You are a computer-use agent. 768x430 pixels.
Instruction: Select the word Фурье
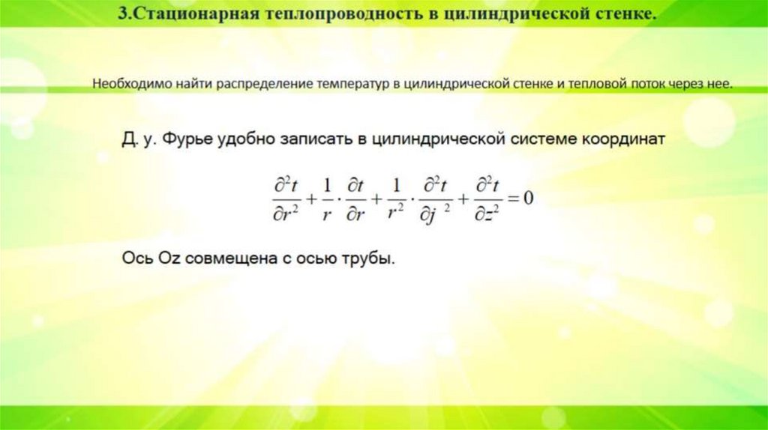coord(188,140)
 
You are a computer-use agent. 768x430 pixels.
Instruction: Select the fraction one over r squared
coord(397,199)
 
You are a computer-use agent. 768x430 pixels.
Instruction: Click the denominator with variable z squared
coord(487,214)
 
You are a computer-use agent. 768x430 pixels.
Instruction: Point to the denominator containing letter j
coord(436,214)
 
